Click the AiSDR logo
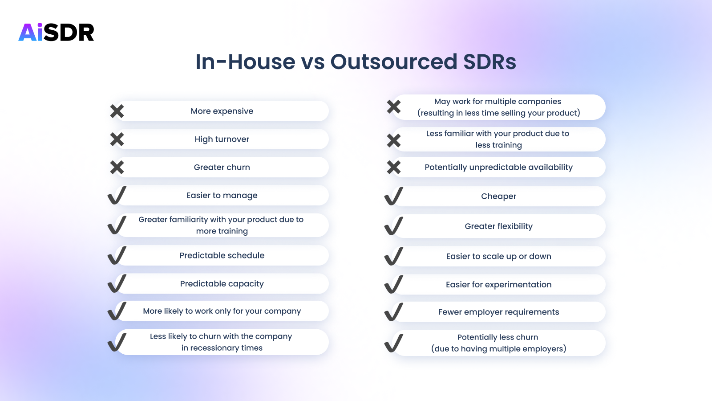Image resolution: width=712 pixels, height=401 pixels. (57, 32)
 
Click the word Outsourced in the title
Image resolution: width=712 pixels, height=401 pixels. (394, 61)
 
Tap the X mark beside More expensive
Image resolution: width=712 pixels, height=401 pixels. (117, 111)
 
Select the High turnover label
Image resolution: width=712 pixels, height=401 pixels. (222, 139)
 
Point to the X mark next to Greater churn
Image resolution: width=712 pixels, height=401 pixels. (117, 168)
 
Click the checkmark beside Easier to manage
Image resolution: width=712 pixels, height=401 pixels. (117, 195)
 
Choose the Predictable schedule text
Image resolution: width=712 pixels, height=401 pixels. (222, 255)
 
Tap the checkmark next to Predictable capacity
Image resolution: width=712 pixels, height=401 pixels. (117, 283)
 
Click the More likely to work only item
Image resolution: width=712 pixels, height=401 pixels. (222, 311)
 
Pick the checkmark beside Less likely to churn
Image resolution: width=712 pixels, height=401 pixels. (117, 342)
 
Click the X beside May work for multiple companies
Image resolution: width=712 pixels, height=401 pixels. (394, 107)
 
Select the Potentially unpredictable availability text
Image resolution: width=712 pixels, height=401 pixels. (498, 167)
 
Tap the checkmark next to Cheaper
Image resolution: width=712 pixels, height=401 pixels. (394, 196)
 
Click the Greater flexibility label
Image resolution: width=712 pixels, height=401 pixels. (498, 226)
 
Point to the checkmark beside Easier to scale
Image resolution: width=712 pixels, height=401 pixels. (394, 256)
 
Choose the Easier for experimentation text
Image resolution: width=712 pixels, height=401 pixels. (498, 284)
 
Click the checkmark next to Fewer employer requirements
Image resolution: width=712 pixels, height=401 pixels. (394, 312)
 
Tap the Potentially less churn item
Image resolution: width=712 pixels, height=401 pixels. (498, 343)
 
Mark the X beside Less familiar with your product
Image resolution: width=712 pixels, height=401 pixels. (394, 140)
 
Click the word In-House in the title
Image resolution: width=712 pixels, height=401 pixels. (245, 61)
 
